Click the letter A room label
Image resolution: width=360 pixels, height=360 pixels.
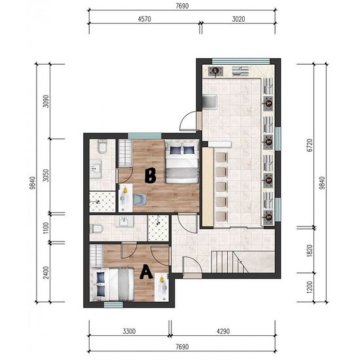[x=146, y=272]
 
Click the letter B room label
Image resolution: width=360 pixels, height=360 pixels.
[x=151, y=175]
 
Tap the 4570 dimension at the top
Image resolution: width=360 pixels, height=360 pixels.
[x=145, y=19]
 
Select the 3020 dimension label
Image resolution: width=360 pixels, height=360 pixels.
[x=238, y=19]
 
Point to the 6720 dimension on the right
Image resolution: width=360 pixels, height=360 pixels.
[x=310, y=145]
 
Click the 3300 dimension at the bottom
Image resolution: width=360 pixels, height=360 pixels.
[x=129, y=331]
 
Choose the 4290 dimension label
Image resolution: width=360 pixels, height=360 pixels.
[x=223, y=331]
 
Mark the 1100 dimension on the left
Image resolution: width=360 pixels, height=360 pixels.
[x=46, y=228]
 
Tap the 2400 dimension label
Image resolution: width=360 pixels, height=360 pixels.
[x=46, y=272]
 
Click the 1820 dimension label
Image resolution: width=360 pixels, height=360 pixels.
[x=310, y=251]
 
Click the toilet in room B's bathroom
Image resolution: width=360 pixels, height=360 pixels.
[x=102, y=147]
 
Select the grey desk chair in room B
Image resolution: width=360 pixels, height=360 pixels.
[x=140, y=199]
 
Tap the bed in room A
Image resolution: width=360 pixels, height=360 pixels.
[x=112, y=284]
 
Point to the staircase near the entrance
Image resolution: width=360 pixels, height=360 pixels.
[x=230, y=262]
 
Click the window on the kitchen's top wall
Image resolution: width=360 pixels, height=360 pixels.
[x=241, y=61]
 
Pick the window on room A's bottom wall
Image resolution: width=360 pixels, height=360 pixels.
[x=113, y=304]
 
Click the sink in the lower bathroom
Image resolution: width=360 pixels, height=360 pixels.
[x=124, y=221]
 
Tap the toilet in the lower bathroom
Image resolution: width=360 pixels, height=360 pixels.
[x=98, y=228]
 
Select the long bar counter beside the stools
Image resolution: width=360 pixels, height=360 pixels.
[x=207, y=187]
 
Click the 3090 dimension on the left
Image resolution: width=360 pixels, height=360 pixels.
[x=46, y=101]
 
